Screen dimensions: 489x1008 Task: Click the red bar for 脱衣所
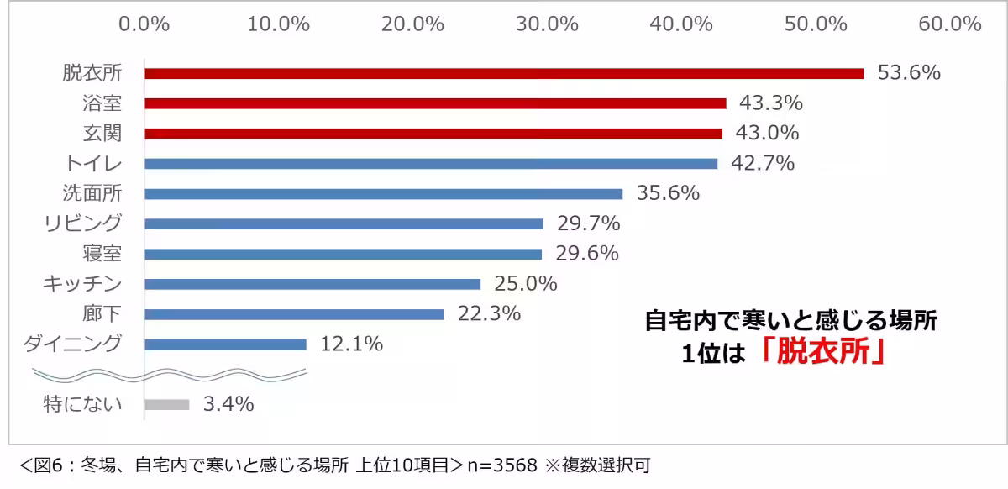click(504, 73)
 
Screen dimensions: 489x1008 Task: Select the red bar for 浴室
click(435, 103)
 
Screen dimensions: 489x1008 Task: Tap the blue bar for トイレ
click(431, 164)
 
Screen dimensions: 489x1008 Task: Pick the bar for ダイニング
click(225, 344)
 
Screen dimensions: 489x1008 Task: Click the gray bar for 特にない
click(167, 404)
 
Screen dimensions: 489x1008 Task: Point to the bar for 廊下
click(294, 314)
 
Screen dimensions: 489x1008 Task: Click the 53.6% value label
click(909, 73)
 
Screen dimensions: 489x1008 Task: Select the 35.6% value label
click(668, 193)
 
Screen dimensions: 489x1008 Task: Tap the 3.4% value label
click(228, 404)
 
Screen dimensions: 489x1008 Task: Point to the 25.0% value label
click(526, 284)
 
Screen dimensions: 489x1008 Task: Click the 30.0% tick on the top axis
click(547, 24)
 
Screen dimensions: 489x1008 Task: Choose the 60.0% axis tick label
click(950, 24)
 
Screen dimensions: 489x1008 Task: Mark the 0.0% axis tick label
click(144, 24)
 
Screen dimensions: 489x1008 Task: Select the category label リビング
click(83, 223)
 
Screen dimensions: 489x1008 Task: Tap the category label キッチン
click(82, 284)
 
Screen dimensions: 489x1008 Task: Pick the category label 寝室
click(102, 254)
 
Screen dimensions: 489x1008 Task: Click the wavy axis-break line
click(168, 372)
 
